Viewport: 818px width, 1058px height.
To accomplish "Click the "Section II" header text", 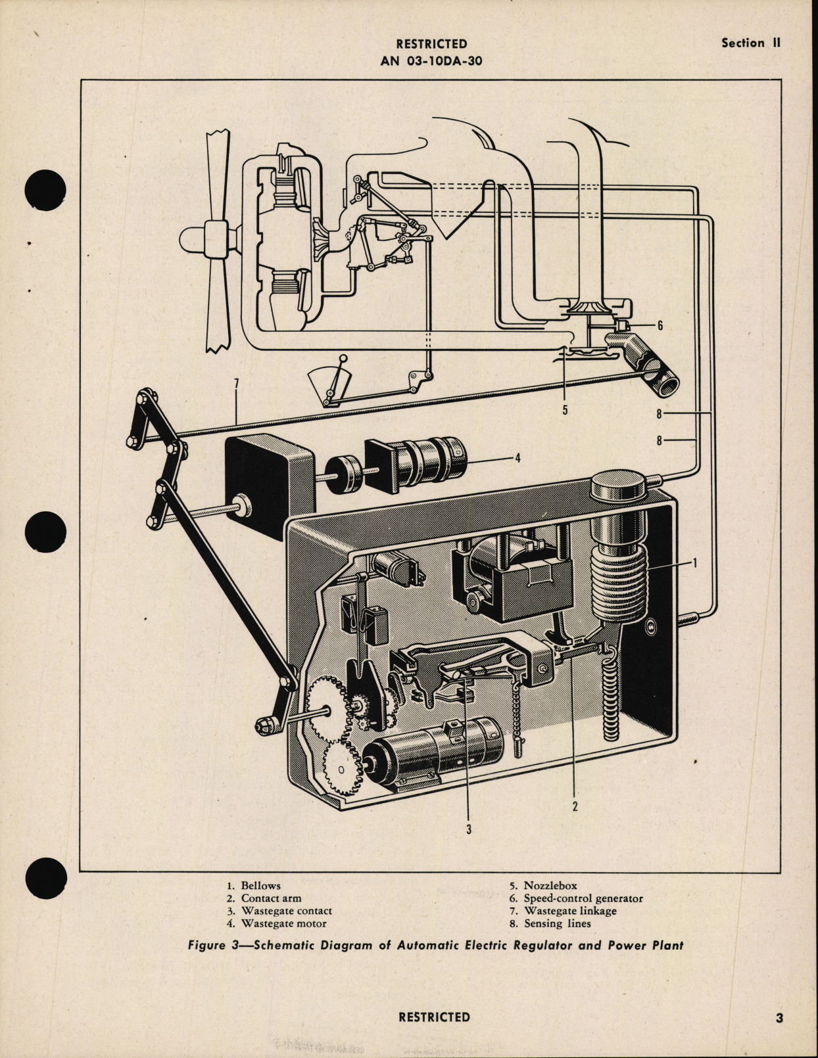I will [x=750, y=43].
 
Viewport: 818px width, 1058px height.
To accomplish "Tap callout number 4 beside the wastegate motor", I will [x=517, y=458].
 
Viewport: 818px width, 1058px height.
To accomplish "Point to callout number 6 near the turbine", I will [x=660, y=326].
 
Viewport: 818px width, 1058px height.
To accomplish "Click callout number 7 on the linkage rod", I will [x=235, y=384].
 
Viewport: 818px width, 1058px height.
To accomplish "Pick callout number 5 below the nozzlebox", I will [x=565, y=409].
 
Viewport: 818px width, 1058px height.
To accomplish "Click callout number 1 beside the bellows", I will [x=695, y=562].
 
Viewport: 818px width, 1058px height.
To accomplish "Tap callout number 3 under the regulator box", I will [x=469, y=829].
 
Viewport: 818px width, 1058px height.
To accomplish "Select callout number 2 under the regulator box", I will [x=574, y=806].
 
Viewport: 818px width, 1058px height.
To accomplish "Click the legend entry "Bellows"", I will [x=260, y=886].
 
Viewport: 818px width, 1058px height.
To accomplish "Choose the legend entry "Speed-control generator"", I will [x=583, y=898].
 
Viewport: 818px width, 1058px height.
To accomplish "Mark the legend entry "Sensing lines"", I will [x=557, y=923].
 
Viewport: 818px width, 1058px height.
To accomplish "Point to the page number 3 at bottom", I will [x=779, y=1019].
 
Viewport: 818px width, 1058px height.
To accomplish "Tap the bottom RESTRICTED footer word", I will [x=434, y=1017].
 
